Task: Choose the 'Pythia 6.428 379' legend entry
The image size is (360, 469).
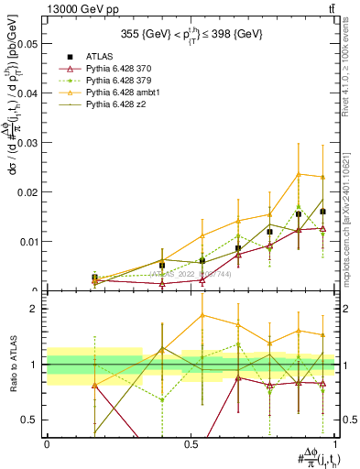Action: pos(120,82)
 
